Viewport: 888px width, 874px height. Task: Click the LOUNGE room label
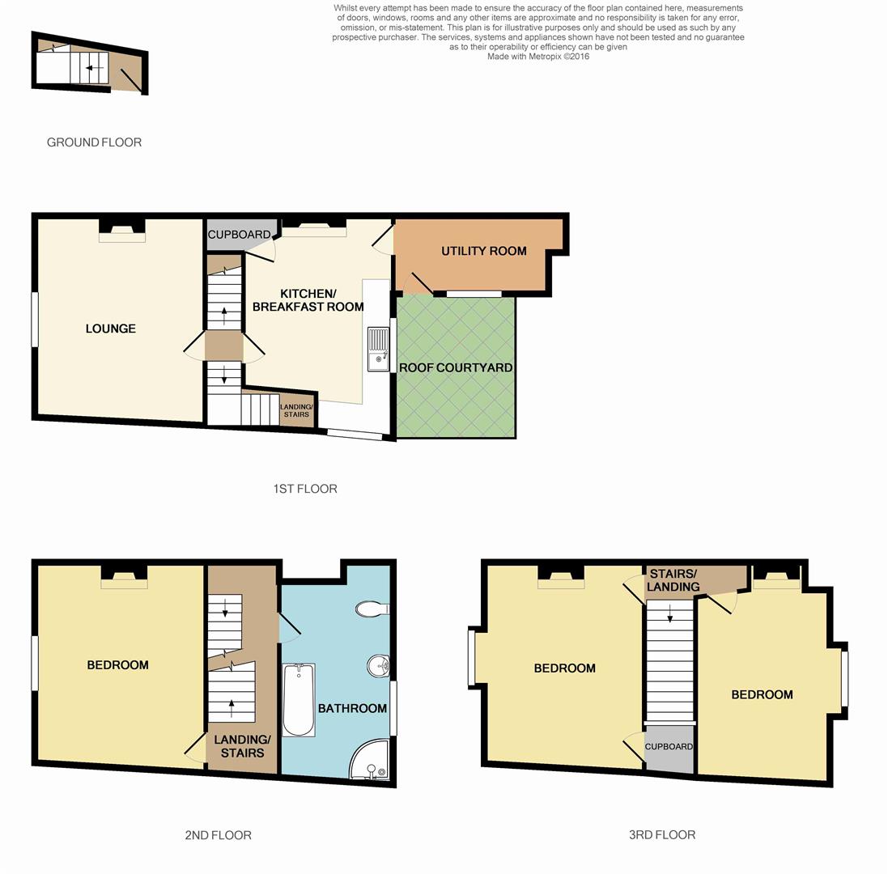[x=111, y=329]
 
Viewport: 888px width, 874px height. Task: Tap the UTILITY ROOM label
[x=483, y=251]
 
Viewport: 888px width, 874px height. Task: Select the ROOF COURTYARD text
[x=456, y=367]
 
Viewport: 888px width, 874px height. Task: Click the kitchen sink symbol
[x=378, y=349]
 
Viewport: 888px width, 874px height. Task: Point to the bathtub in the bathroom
[x=299, y=700]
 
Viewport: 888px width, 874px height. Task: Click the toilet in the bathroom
[x=373, y=609]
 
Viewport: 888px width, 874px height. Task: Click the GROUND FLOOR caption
[x=94, y=142]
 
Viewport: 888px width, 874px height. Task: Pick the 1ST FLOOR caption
[x=304, y=489]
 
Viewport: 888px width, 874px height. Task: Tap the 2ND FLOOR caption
[x=218, y=835]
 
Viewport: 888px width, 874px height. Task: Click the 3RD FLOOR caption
[x=661, y=834]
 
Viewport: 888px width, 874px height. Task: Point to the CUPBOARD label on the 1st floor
[x=239, y=235]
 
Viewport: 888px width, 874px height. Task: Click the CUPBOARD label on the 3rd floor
[x=669, y=746]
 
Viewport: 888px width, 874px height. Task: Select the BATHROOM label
[x=352, y=708]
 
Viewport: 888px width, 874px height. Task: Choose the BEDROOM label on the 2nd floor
[x=117, y=665]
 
